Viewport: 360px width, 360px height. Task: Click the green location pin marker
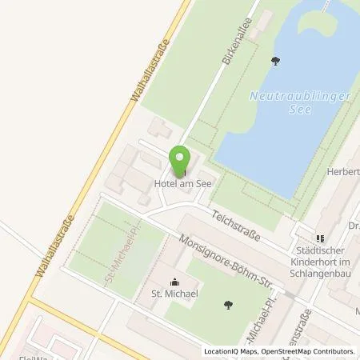[x=181, y=158]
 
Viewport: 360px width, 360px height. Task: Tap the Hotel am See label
[x=181, y=183]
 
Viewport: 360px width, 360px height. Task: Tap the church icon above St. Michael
[x=176, y=281]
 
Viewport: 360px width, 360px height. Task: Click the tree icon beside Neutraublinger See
[x=276, y=61]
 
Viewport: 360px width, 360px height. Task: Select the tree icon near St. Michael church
[x=229, y=303]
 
